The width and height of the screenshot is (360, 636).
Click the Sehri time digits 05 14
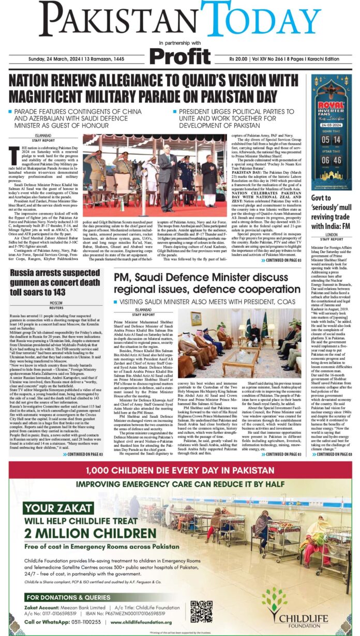pyautogui.click(x=331, y=139)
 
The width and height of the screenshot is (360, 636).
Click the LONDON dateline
pyautogui.click(x=332, y=234)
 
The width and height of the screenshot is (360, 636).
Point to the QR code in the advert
pyautogui.click(x=201, y=612)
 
